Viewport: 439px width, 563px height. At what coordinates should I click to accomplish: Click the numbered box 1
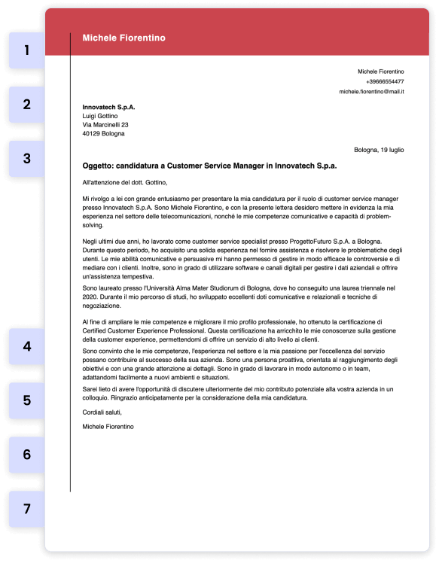(27, 50)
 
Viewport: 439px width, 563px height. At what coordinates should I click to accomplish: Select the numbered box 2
(27, 105)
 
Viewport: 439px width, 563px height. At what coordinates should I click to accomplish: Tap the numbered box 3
(27, 159)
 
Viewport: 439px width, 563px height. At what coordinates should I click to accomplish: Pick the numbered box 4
(27, 346)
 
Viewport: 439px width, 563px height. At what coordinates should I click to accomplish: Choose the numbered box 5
(27, 400)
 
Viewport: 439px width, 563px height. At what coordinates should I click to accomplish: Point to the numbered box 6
(27, 455)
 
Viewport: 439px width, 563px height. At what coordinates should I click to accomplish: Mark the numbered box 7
(27, 509)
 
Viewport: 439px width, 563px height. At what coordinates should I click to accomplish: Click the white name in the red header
(123, 38)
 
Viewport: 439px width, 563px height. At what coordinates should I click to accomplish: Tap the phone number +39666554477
(384, 81)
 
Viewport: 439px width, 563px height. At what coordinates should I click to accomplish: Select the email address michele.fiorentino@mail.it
(371, 91)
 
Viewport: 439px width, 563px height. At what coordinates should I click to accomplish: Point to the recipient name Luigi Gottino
(100, 116)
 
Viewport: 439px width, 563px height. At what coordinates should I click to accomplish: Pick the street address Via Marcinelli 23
(105, 125)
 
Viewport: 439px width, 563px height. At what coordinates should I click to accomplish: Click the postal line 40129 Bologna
(104, 134)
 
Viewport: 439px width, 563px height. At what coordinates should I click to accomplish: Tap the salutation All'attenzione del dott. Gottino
(124, 182)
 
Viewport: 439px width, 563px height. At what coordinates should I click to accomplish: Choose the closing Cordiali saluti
(102, 412)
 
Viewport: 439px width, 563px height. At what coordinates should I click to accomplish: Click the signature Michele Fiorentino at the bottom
(108, 427)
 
